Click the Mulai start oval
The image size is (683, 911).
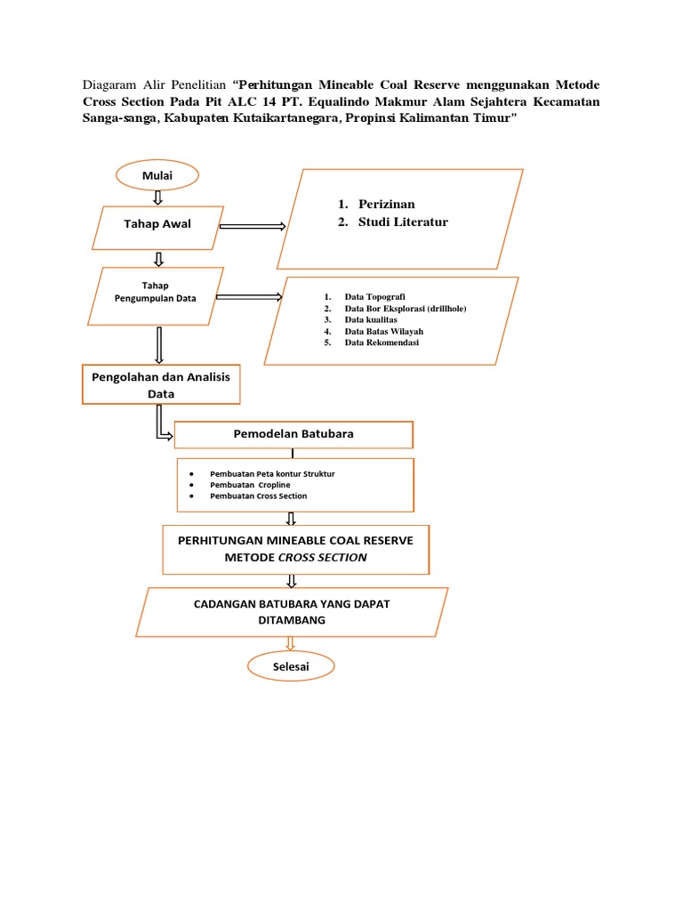[157, 175]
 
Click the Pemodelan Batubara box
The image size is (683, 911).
[293, 435]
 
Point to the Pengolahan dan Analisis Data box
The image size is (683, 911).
[160, 384]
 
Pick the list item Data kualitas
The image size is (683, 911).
[371, 319]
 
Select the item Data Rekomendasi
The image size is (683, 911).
[382, 343]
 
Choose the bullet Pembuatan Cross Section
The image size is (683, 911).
[258, 496]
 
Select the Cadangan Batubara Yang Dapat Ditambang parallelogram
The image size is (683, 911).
[292, 612]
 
